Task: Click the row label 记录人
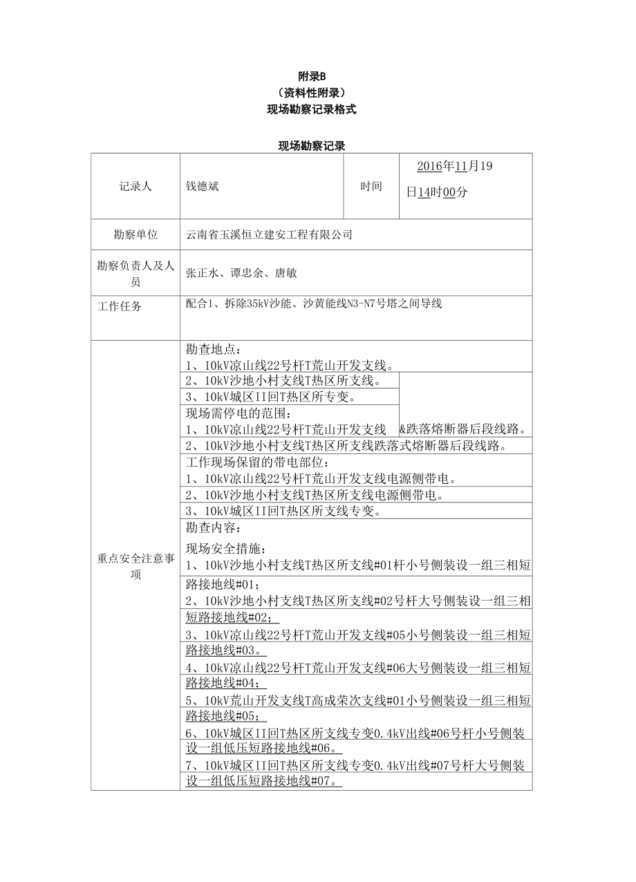(135, 186)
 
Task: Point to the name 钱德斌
(203, 186)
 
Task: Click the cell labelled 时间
(371, 186)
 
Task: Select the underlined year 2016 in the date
(429, 167)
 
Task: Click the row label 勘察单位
(135, 234)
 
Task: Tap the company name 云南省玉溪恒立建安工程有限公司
(270, 234)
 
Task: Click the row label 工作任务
(120, 306)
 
